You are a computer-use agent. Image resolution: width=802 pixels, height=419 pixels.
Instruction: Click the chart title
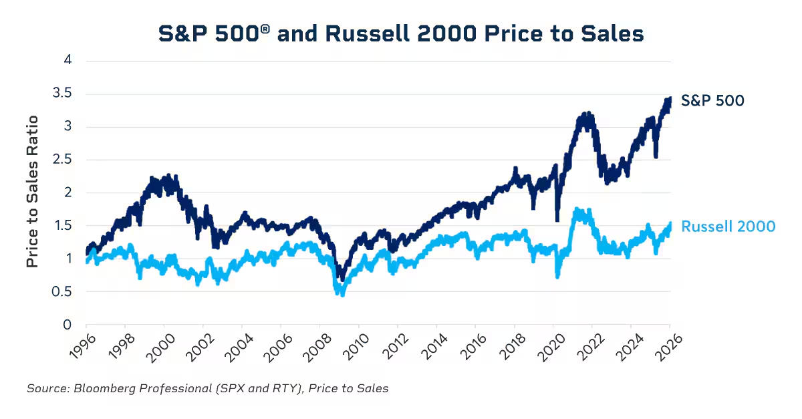[400, 33]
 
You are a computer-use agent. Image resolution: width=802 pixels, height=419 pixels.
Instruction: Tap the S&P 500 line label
[712, 101]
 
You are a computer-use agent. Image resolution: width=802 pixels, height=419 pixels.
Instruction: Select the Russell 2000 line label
[728, 227]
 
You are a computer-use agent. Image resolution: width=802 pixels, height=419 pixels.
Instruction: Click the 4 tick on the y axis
[67, 61]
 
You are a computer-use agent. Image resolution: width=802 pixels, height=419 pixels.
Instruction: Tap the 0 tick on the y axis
[67, 325]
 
